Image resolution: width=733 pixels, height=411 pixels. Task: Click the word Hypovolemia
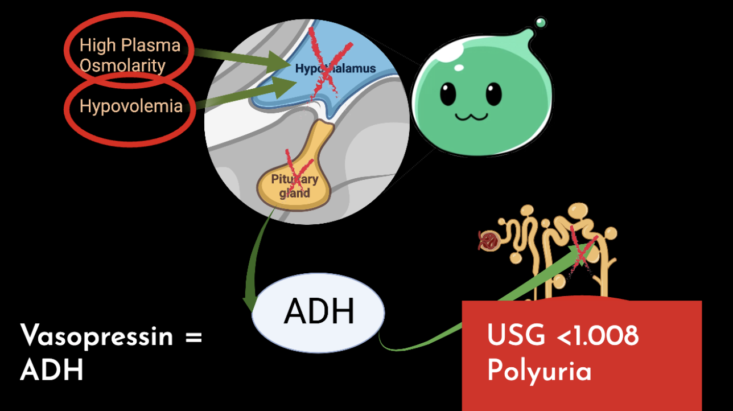pos(131,106)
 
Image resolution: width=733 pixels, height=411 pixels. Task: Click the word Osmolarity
pos(122,65)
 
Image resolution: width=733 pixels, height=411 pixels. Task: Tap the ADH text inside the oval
pos(319,311)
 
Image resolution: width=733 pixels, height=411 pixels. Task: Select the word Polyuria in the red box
pos(539,371)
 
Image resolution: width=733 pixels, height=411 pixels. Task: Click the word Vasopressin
pos(96,336)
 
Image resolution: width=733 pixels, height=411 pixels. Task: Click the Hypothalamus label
pos(335,69)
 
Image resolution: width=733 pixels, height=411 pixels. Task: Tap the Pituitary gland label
pos(294,186)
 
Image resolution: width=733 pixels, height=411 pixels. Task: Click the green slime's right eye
pos(493,93)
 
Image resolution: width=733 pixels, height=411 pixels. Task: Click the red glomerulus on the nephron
pos(488,241)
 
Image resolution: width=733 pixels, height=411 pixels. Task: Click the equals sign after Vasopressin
pos(193,336)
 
